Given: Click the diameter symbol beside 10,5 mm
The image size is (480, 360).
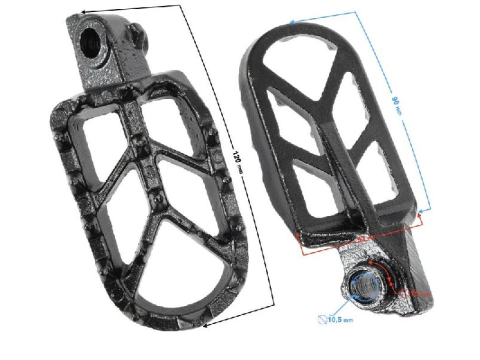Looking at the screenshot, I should [322, 318].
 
